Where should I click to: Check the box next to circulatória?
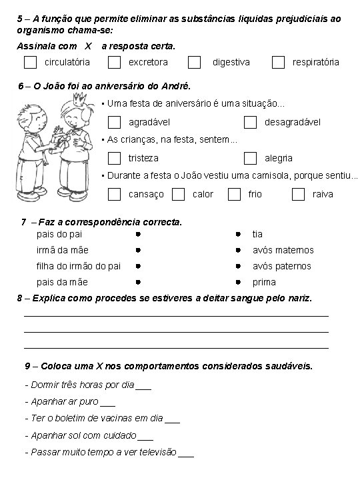[30, 62]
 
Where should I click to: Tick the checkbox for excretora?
[115, 62]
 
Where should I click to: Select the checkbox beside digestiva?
[194, 62]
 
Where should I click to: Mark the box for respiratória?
[279, 62]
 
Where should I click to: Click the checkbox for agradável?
[115, 122]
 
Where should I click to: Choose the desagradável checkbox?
[250, 122]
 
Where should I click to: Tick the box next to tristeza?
[115, 158]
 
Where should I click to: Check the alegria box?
[250, 158]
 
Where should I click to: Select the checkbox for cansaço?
[115, 194]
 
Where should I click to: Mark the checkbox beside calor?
[178, 194]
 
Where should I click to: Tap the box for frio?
[234, 194]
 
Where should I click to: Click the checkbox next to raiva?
[298, 194]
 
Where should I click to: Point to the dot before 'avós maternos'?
[237, 251]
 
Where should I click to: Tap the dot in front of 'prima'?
[237, 283]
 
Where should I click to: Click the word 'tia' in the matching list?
[257, 234]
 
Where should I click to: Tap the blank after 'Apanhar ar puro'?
[107, 403]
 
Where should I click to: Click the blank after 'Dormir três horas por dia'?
[143, 386]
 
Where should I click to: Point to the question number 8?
[19, 298]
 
